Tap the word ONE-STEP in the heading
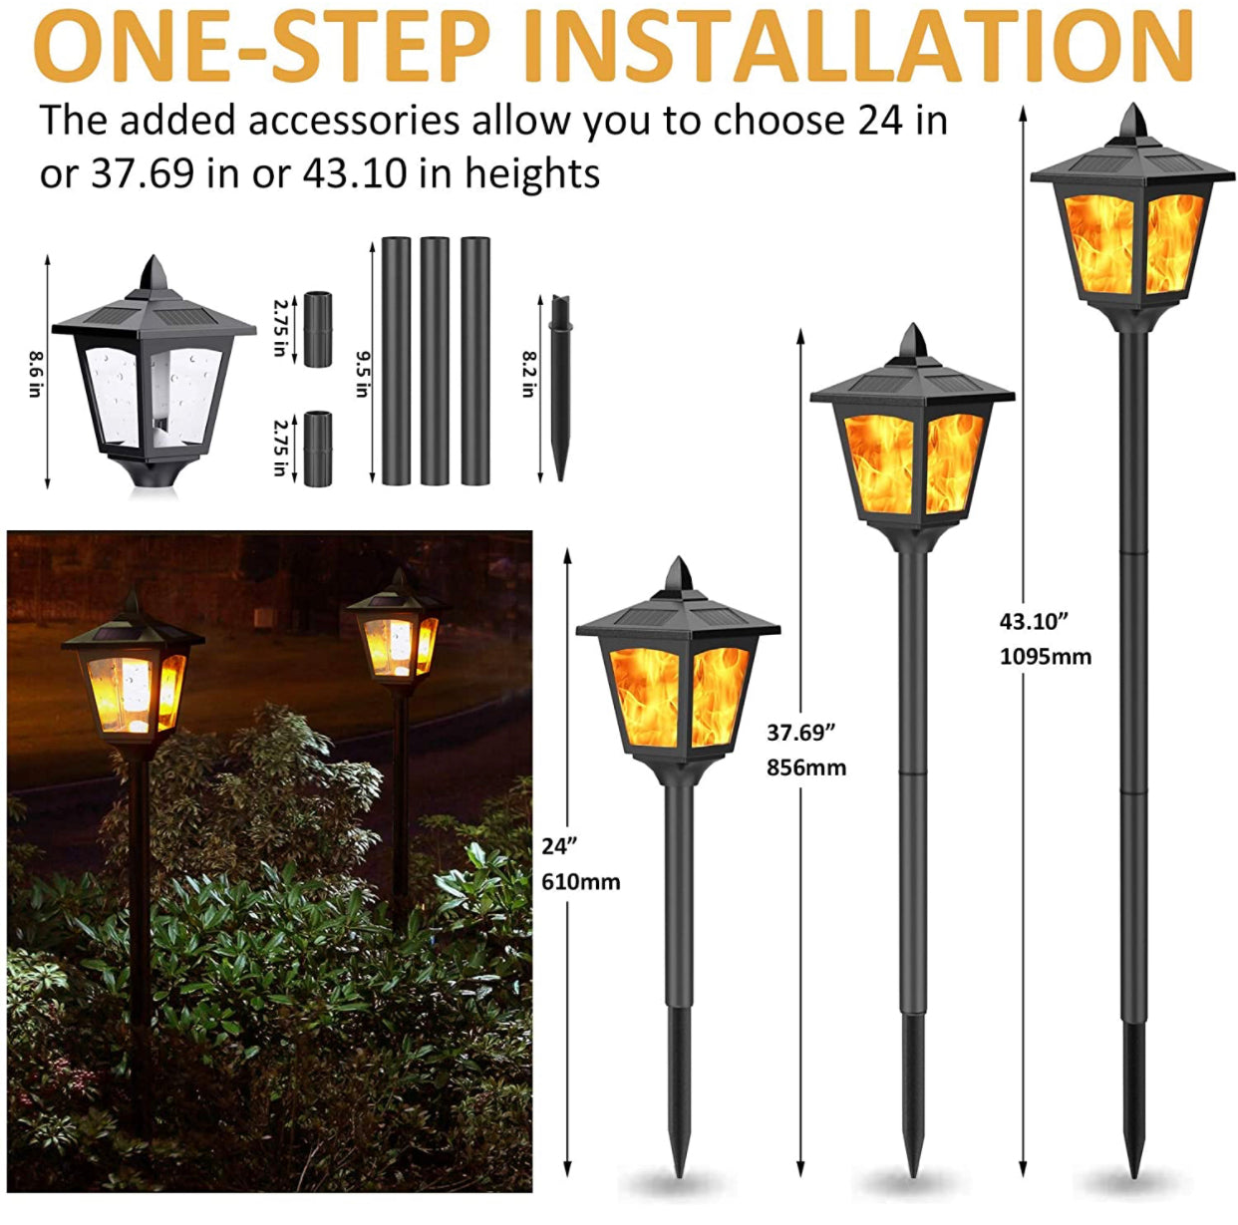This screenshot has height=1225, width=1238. [262, 46]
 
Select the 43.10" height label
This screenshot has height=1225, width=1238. [1034, 621]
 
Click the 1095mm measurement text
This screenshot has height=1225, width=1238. [1045, 657]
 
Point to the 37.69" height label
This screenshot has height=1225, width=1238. [800, 733]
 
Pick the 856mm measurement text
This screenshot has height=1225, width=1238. [805, 767]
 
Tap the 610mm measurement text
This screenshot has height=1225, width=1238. [580, 882]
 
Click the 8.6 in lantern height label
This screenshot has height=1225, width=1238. [35, 373]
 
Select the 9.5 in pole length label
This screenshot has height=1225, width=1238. [362, 373]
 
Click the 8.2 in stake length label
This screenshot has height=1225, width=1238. [529, 373]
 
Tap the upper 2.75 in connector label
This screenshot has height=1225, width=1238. [280, 328]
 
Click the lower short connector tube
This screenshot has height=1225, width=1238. [318, 449]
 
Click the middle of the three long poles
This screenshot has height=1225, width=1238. [435, 361]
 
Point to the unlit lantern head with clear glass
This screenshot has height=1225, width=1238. [154, 379]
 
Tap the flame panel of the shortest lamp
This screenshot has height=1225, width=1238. [678, 696]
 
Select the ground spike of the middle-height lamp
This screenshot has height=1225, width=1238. [911, 1106]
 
